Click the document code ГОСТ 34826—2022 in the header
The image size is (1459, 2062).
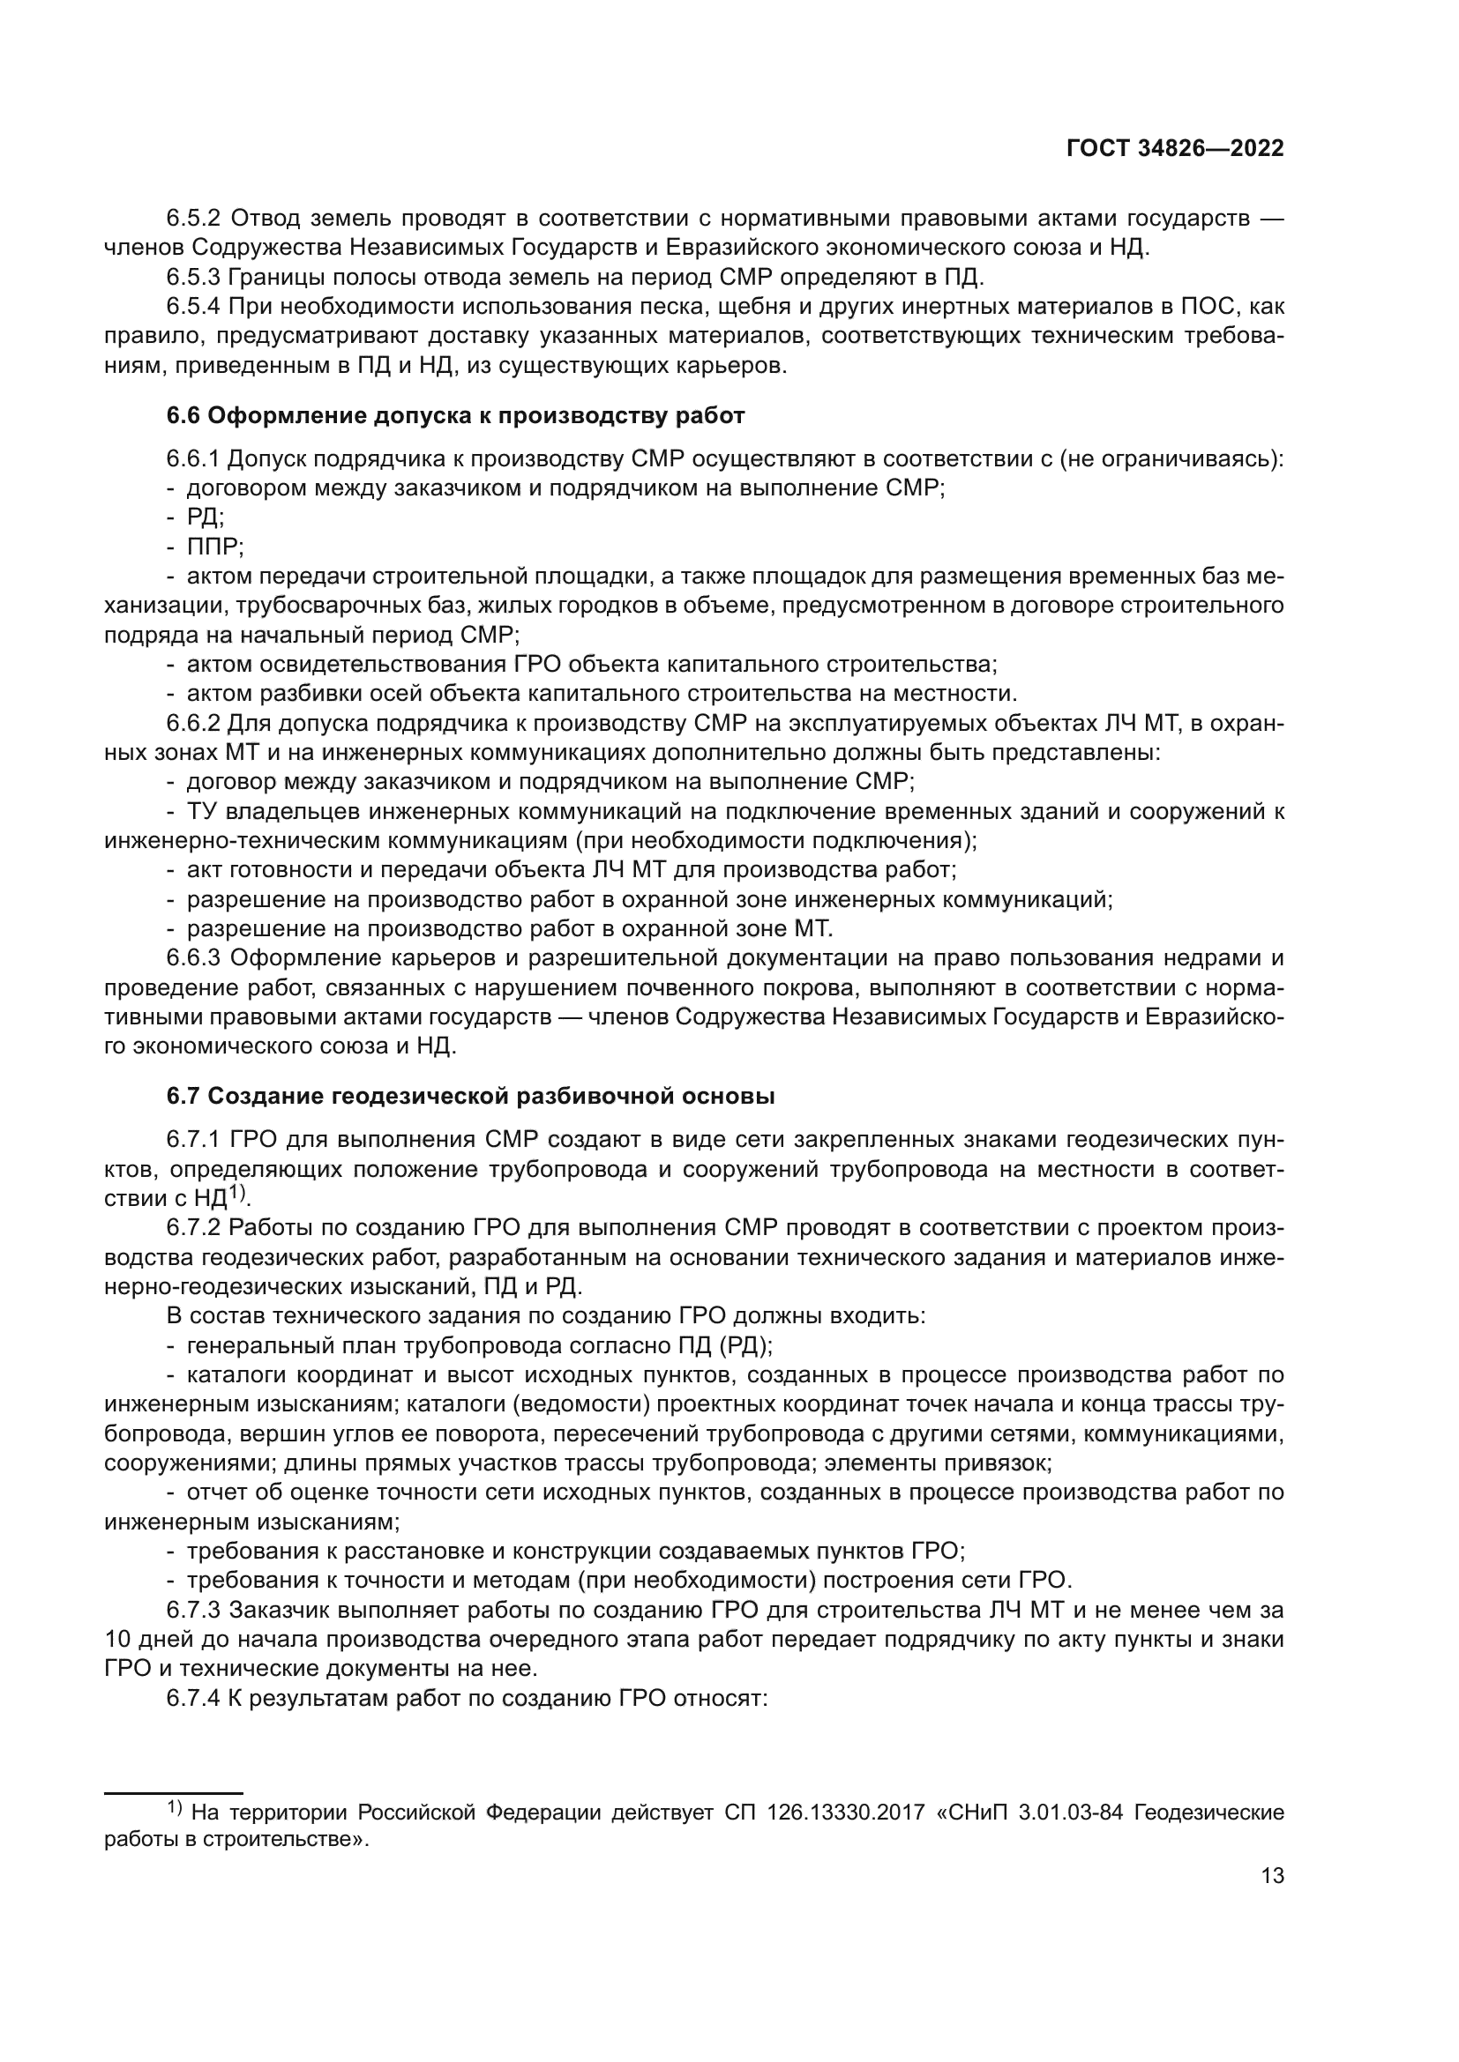[1174, 148]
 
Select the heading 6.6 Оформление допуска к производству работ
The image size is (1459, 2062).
[455, 416]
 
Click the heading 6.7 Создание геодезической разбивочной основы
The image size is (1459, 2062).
[471, 1097]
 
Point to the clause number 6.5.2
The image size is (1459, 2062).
[193, 219]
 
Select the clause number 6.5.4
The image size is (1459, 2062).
[193, 306]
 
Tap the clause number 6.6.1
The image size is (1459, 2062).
[193, 459]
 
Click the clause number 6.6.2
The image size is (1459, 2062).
[193, 723]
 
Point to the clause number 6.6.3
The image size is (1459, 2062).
[193, 958]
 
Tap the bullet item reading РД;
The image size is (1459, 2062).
[206, 517]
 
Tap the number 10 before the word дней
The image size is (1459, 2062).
[118, 1639]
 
